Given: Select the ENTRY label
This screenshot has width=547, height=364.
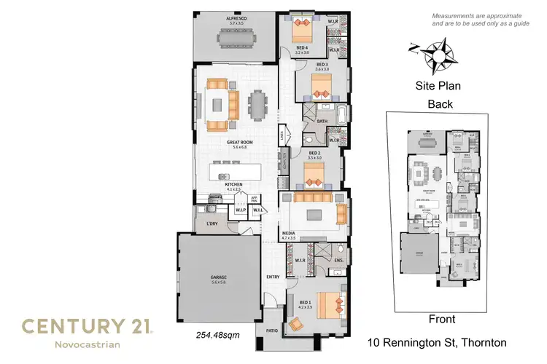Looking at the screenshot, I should [273, 277].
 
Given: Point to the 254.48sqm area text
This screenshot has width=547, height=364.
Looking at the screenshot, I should [218, 336].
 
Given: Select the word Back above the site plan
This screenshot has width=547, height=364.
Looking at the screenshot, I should [440, 104].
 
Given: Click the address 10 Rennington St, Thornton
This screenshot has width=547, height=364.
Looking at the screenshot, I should [437, 342].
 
